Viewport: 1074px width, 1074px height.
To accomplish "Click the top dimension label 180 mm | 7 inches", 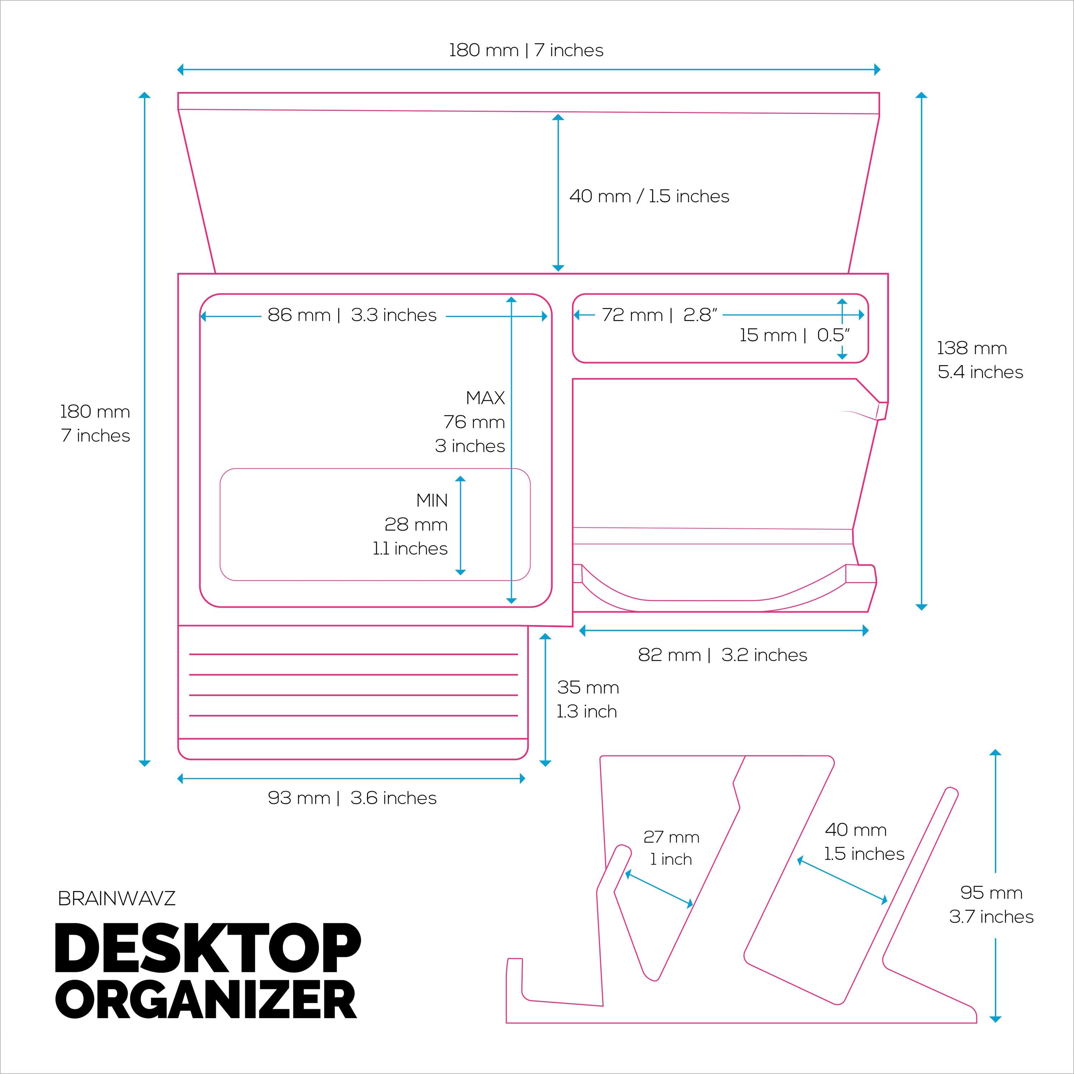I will point(526,50).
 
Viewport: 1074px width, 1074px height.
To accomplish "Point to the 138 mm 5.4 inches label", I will point(979,360).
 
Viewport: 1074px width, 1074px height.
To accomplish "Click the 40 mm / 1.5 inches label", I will point(649,196).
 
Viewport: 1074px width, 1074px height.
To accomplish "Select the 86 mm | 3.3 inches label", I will point(352,315).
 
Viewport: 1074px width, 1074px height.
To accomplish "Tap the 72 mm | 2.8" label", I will point(659,315).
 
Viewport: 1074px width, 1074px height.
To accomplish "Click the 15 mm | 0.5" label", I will point(794,335).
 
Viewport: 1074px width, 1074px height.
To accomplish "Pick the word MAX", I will point(485,398).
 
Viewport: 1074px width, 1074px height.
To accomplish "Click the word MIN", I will point(432,500).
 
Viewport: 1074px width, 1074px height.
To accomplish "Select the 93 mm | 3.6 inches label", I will point(352,798).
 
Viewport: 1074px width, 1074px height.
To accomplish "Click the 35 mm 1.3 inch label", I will point(587,699).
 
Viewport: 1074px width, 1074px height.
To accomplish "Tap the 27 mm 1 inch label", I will point(671,848).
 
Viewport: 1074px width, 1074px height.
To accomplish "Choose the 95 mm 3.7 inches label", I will point(991,904).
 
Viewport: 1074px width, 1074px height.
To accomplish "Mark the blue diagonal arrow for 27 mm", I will point(659,889).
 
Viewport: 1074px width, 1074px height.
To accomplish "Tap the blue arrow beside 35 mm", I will point(545,699).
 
